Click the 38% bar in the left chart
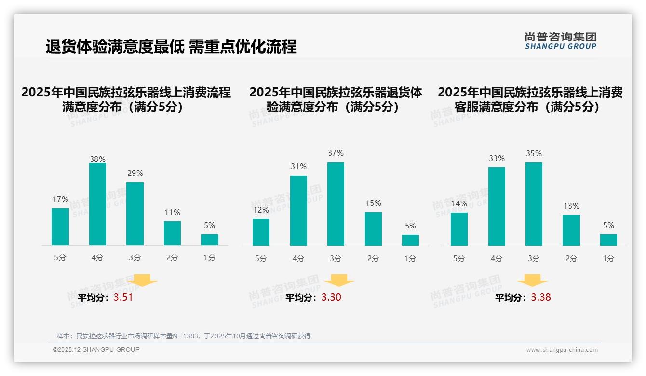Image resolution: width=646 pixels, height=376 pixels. [97, 204]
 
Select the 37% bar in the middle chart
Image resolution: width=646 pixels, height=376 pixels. [336, 204]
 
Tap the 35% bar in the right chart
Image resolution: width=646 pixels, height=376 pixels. [534, 204]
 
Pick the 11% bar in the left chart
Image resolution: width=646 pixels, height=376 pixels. [172, 233]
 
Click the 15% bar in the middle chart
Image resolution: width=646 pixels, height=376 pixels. [373, 229]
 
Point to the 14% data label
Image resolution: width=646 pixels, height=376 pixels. [459, 203]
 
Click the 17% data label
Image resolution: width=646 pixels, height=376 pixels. [60, 199]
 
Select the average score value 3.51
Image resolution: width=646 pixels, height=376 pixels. [123, 297]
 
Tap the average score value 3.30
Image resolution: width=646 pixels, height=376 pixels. [331, 297]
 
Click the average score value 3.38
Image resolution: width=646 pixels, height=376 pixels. [541, 297]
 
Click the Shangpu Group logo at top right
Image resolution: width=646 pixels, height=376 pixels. [561, 41]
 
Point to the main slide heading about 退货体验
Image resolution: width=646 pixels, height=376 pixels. [171, 46]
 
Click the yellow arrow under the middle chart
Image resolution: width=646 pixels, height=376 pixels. [339, 281]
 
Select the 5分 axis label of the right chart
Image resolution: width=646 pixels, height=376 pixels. [459, 258]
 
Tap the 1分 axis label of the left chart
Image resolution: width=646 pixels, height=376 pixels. [210, 257]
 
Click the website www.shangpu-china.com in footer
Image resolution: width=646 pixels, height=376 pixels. [562, 350]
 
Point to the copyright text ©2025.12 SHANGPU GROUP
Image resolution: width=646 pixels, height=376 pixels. [96, 349]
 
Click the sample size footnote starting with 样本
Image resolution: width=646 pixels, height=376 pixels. [183, 336]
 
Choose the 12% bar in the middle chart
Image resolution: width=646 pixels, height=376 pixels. [261, 232]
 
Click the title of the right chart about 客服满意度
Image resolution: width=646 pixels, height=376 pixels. [530, 99]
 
